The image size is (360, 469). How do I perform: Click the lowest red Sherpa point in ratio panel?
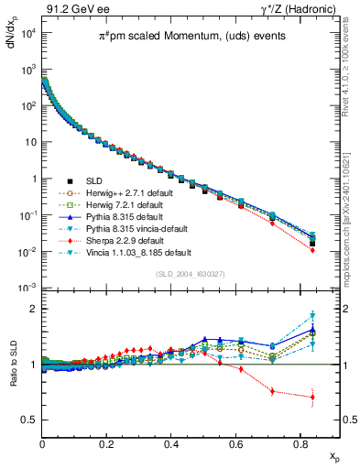pos(312,398)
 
